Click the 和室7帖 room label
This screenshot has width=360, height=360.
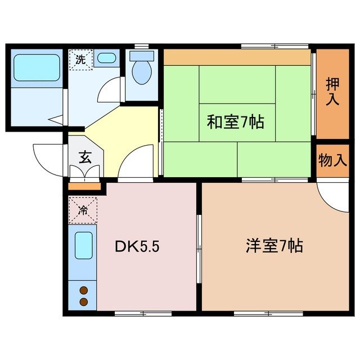pyautogui.click(x=235, y=122)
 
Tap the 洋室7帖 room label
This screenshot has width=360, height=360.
pyautogui.click(x=274, y=246)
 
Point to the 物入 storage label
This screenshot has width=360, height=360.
pyautogui.click(x=332, y=160)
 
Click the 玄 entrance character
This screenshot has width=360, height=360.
pyautogui.click(x=84, y=157)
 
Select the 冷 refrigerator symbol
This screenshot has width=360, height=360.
pyautogui.click(x=83, y=211)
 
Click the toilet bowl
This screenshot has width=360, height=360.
pyautogui.click(x=142, y=71)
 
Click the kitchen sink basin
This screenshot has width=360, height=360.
pyautogui.click(x=83, y=246)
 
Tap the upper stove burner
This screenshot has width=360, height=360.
pyautogui.click(x=84, y=290)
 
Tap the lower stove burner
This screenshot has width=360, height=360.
pyautogui.click(x=84, y=302)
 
